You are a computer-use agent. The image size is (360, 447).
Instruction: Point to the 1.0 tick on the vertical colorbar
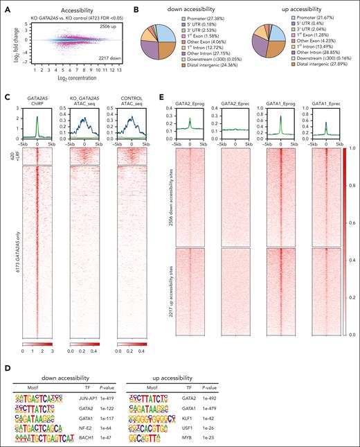[352, 148]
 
